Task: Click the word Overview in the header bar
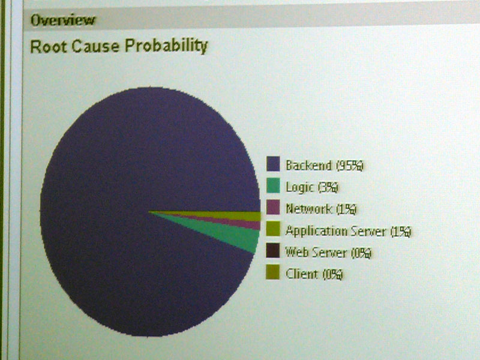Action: (63, 20)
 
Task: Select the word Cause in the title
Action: (95, 47)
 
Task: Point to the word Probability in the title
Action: (166, 47)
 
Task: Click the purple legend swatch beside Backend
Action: (273, 164)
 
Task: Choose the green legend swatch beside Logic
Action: (273, 185)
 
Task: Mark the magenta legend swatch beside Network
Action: (273, 207)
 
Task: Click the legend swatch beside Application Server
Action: (273, 229)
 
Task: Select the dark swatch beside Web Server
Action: (273, 250)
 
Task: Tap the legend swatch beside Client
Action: (273, 272)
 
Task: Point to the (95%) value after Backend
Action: (350, 166)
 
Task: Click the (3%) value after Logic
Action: (328, 188)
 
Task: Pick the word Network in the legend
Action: (308, 209)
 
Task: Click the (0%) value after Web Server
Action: (361, 253)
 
